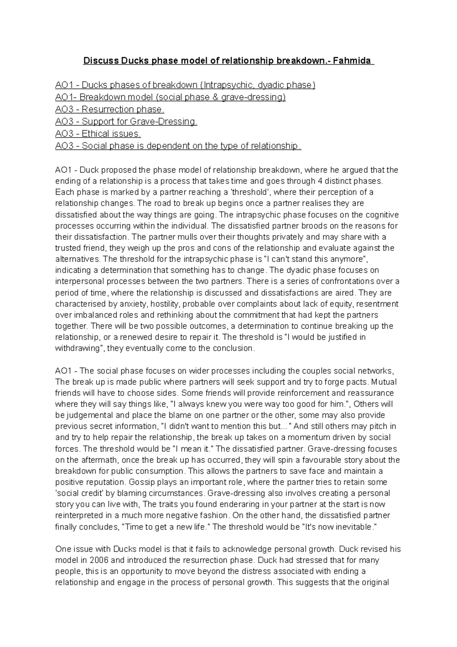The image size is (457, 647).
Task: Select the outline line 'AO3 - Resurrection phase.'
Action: (110, 110)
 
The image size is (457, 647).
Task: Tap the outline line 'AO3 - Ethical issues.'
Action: (98, 134)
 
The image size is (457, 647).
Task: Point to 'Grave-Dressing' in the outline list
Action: (168, 122)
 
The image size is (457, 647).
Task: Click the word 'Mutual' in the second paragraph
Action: (384, 382)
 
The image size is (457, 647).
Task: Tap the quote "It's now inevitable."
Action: (339, 527)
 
